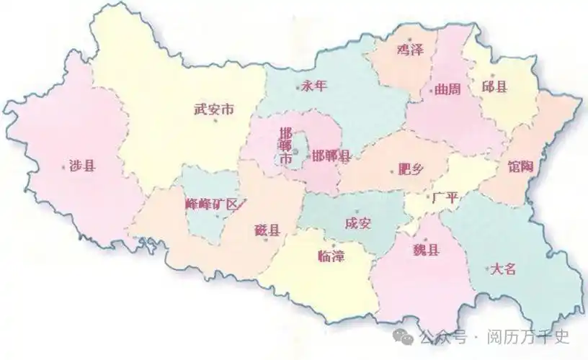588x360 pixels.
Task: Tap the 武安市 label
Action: (214, 110)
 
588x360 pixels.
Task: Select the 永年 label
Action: (314, 86)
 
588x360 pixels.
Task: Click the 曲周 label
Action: (447, 90)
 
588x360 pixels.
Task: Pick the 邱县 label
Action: (494, 86)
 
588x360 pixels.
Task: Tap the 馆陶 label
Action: (520, 167)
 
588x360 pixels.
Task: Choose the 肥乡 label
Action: (411, 170)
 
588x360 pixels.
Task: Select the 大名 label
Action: (503, 269)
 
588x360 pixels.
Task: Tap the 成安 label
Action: (357, 223)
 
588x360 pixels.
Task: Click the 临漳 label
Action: (331, 256)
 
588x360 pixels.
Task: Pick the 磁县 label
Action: (267, 230)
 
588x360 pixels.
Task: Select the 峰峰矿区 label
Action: (211, 204)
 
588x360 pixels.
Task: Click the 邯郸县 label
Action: (331, 156)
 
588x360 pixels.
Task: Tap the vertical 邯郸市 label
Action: (286, 145)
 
